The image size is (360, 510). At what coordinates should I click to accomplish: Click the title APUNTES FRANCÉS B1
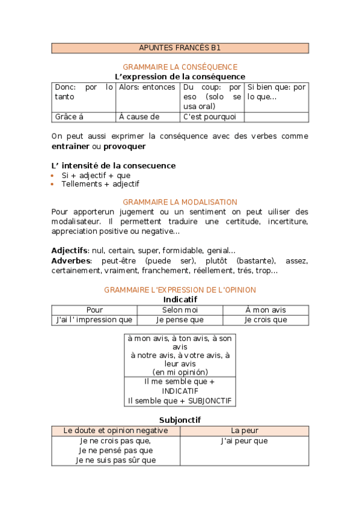point(180,48)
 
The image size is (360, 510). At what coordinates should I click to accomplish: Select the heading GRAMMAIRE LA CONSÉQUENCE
point(180,67)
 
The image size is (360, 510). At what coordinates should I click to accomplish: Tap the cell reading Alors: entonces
point(147,87)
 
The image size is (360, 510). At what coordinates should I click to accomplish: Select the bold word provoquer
point(124,146)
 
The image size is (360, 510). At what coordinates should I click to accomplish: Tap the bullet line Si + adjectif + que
point(96,175)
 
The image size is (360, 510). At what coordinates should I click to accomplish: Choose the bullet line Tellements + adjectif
point(100,184)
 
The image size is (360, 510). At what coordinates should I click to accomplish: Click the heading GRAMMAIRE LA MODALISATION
point(180,202)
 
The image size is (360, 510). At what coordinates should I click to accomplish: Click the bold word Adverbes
point(72,260)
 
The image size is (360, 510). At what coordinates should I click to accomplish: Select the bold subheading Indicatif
point(180,299)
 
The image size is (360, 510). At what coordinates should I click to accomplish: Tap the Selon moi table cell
point(180,310)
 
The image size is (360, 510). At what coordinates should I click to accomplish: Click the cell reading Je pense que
point(180,320)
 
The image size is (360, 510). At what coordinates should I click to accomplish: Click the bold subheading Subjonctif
point(180,420)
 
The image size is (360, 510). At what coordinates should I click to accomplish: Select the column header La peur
point(244,431)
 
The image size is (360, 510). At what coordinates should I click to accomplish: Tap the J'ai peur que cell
point(244,441)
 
